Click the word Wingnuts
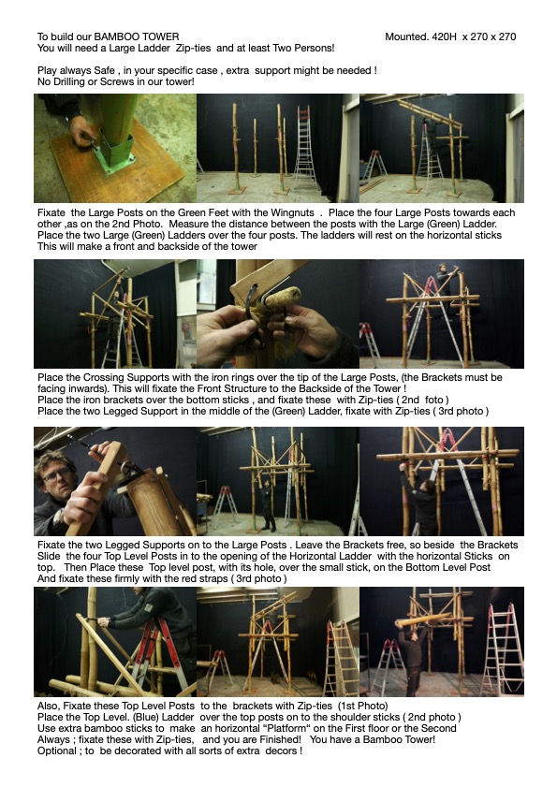292,212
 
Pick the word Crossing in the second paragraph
104,377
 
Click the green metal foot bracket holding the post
115,150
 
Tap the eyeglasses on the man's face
57,474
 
